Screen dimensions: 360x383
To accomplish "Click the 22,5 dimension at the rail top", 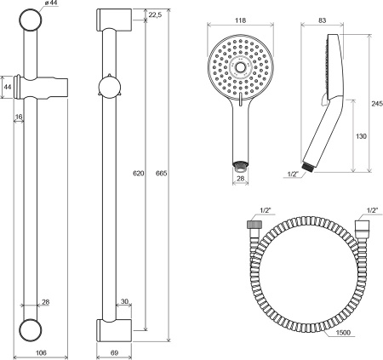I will [x=154, y=15].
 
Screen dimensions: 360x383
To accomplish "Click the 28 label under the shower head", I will [x=241, y=179].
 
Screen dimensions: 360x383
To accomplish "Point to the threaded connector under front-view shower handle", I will [x=241, y=164].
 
